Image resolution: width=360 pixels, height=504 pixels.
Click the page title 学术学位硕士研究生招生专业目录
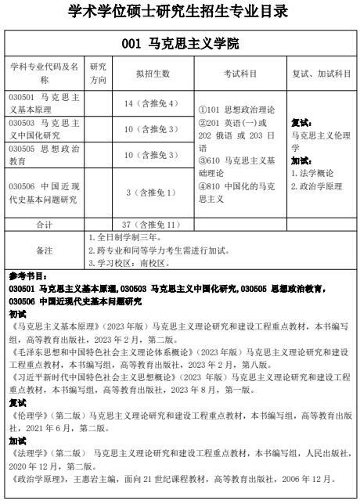click(x=179, y=12)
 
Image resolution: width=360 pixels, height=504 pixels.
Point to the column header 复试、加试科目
click(x=322, y=73)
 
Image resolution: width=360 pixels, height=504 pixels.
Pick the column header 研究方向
click(x=98, y=73)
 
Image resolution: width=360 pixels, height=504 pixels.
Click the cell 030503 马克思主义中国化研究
click(x=44, y=129)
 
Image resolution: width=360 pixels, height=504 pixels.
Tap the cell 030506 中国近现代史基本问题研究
click(x=44, y=193)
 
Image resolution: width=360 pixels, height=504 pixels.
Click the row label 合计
click(x=44, y=225)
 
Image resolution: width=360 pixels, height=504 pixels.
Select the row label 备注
click(x=44, y=250)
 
